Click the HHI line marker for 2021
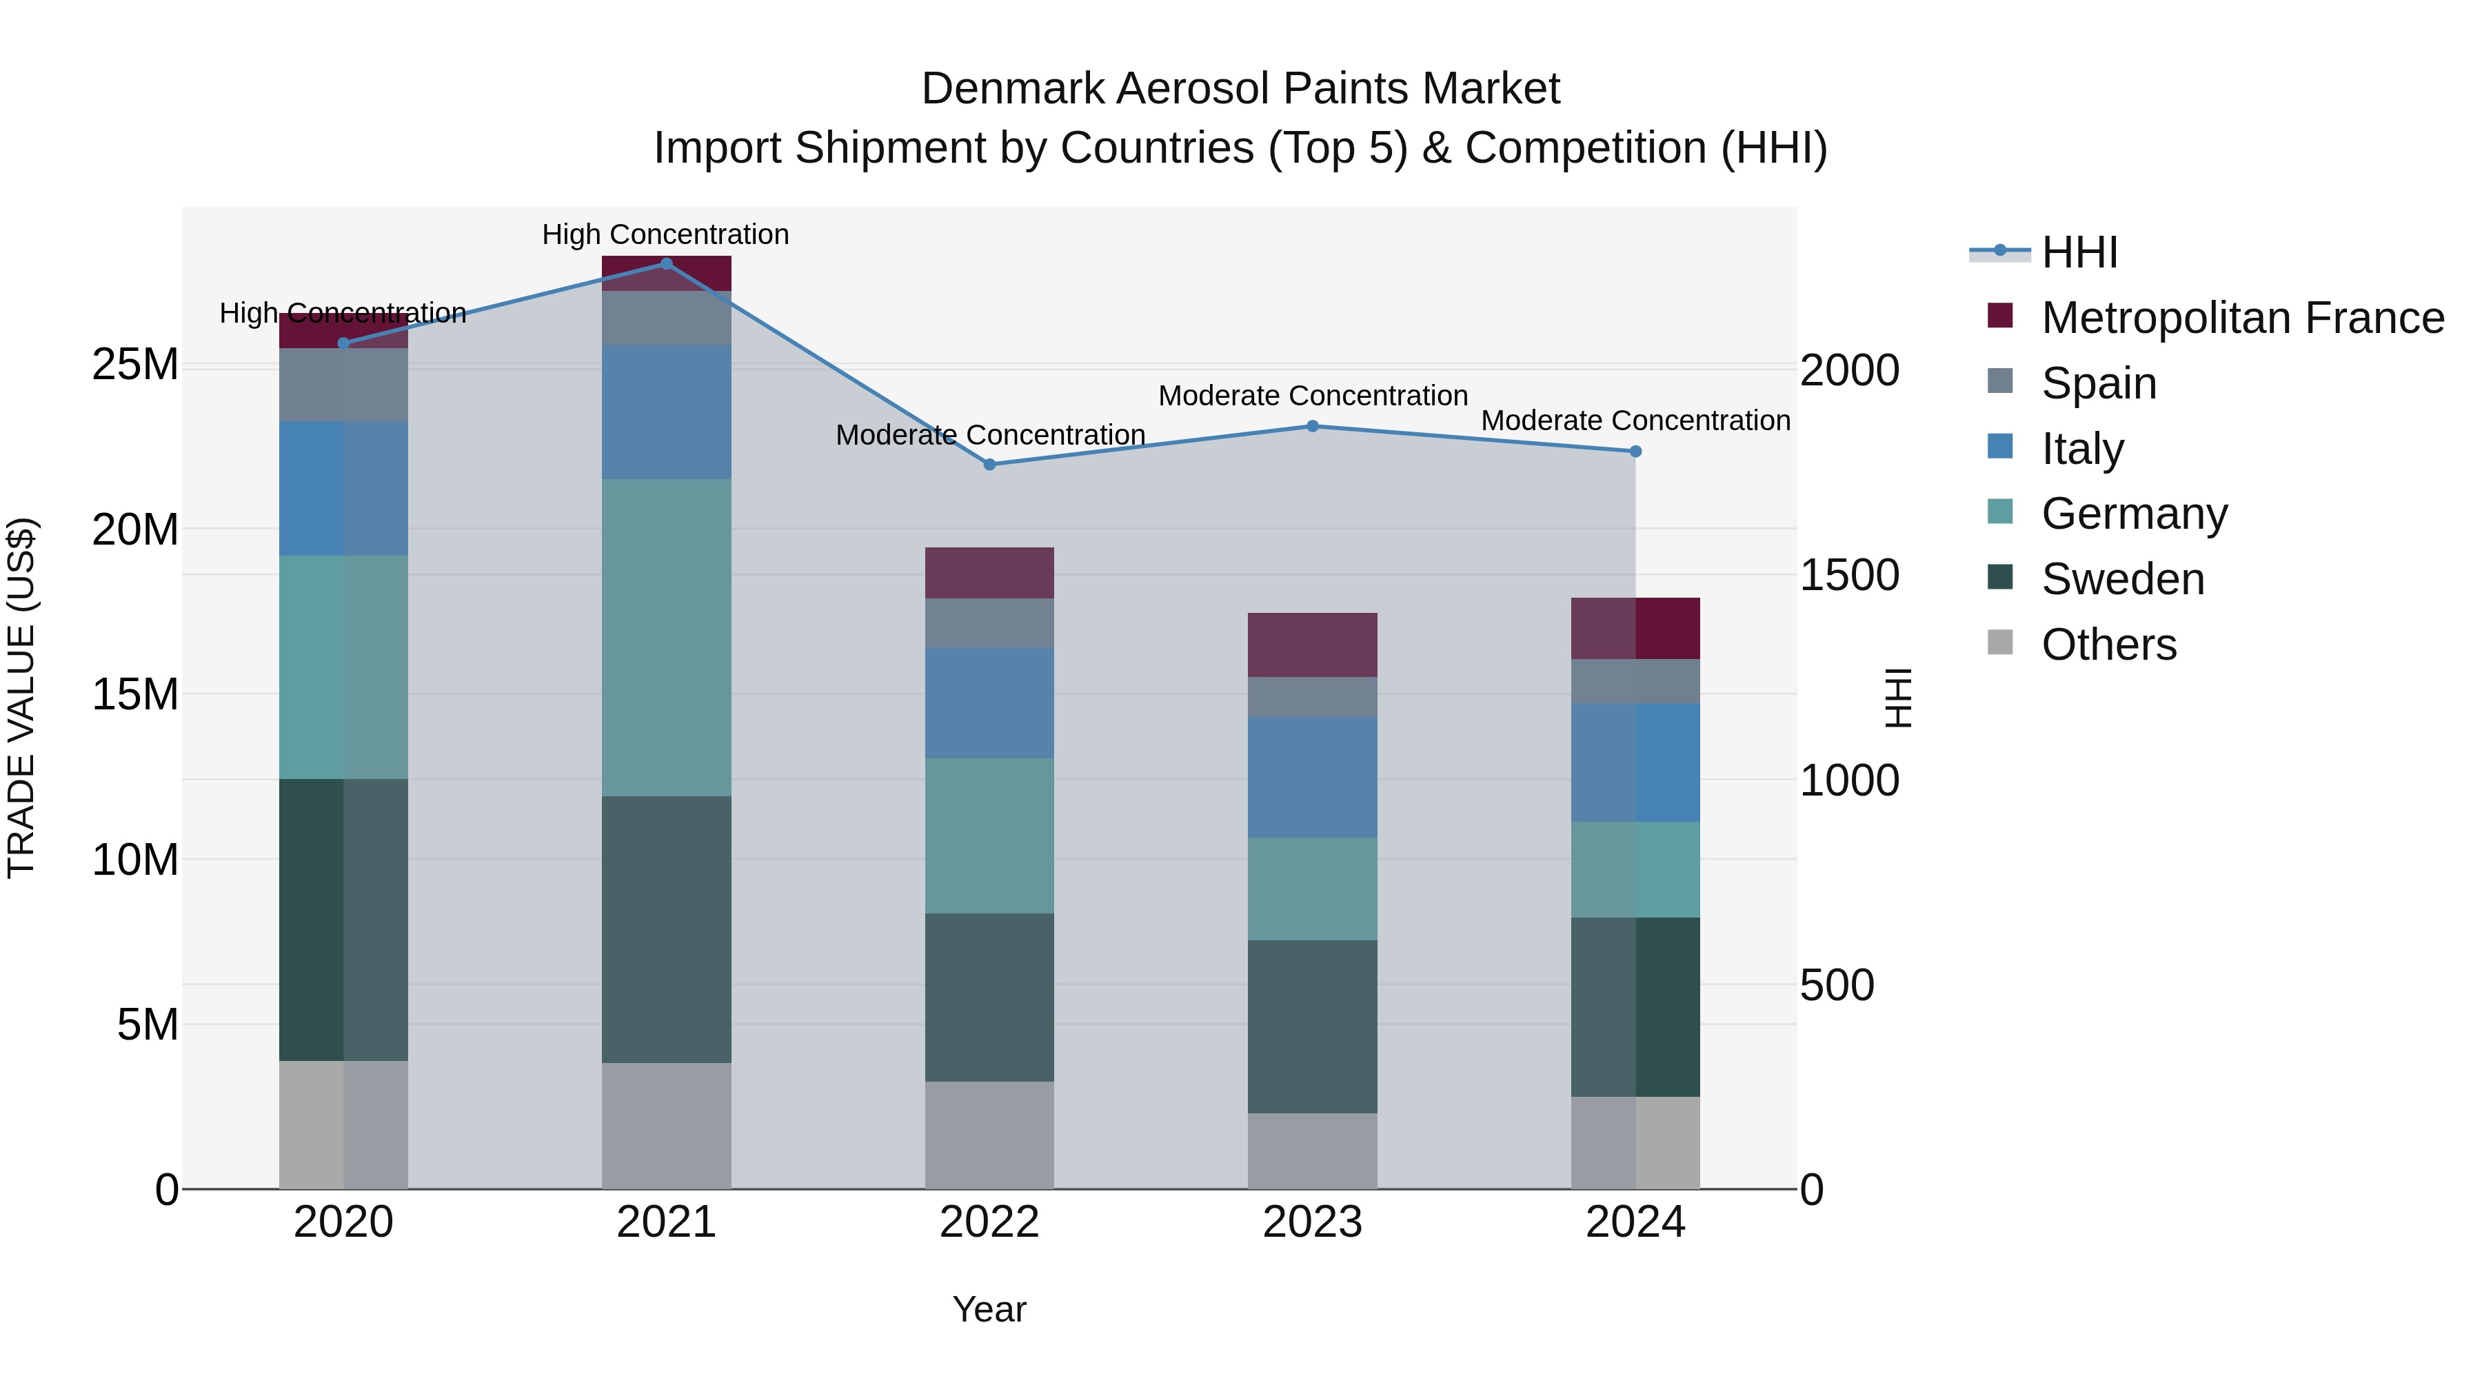point(666,263)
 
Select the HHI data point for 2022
point(989,465)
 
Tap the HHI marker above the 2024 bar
point(1635,451)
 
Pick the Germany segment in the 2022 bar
point(989,836)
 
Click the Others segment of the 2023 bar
point(1312,1151)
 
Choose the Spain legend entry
point(2099,383)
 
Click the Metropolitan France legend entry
point(2242,318)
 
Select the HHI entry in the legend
point(2079,252)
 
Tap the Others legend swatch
point(2000,643)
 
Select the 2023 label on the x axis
point(1312,1222)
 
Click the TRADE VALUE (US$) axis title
point(21,698)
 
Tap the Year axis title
point(989,1309)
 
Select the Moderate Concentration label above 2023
point(1312,396)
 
